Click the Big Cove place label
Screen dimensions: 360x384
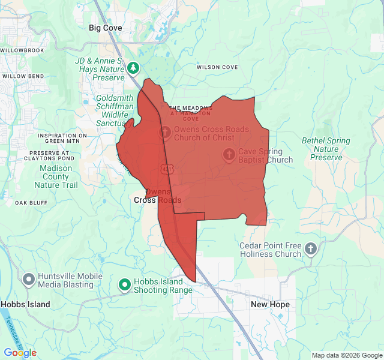(x=105, y=28)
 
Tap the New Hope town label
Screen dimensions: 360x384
(x=270, y=305)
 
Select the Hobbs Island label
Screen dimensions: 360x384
(x=25, y=305)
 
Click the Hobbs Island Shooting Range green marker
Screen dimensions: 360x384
(x=125, y=284)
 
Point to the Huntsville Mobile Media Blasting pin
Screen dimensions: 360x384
(x=28, y=279)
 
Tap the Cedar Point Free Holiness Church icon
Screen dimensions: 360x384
(x=310, y=248)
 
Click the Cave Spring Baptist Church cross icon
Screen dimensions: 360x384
(x=229, y=154)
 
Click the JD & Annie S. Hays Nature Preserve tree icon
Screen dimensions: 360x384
(x=133, y=68)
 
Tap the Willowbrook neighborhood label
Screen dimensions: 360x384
(x=22, y=50)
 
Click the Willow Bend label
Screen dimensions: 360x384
(x=23, y=77)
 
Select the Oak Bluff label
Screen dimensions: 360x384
(x=31, y=203)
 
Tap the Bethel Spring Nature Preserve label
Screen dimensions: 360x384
(x=326, y=149)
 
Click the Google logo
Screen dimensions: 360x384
(x=20, y=353)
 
